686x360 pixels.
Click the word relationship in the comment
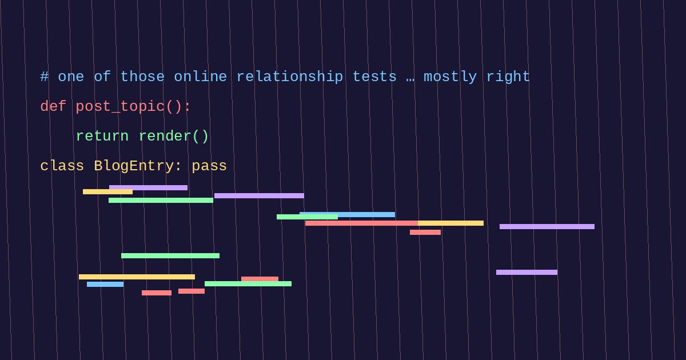click(x=290, y=77)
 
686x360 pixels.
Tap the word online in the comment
click(x=201, y=77)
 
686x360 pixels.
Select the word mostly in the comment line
click(x=450, y=77)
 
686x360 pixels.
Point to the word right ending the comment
click(x=508, y=77)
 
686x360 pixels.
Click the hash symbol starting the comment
click(x=45, y=77)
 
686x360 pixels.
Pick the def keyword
click(x=53, y=106)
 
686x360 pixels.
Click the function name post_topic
click(x=120, y=107)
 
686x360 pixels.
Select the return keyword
click(x=102, y=136)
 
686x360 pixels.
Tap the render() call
click(x=174, y=136)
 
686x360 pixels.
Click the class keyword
click(x=62, y=166)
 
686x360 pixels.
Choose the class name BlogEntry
click(x=134, y=166)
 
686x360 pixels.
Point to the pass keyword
click(x=209, y=166)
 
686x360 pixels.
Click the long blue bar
click(x=348, y=215)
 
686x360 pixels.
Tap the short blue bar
click(x=105, y=285)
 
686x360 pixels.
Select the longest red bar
click(x=361, y=223)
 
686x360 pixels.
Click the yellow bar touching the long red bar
click(x=451, y=223)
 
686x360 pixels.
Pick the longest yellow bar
click(x=137, y=277)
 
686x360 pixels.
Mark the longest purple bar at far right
click(x=547, y=226)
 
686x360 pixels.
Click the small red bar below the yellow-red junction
click(x=425, y=233)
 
